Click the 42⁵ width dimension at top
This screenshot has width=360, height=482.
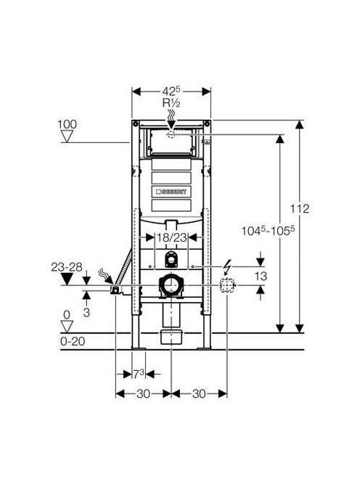(x=171, y=91)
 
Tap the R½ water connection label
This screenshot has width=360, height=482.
(x=171, y=103)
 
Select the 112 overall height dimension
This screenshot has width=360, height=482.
(x=300, y=209)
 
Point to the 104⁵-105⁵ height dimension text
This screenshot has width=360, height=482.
(x=266, y=231)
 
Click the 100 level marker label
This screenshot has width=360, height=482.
(x=67, y=125)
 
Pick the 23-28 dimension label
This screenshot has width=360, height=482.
(x=67, y=267)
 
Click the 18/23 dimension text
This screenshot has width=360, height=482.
(x=171, y=237)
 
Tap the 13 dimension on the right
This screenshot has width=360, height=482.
(x=261, y=276)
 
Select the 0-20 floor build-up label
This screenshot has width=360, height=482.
(x=73, y=341)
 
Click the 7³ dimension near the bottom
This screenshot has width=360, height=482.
(x=139, y=374)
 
